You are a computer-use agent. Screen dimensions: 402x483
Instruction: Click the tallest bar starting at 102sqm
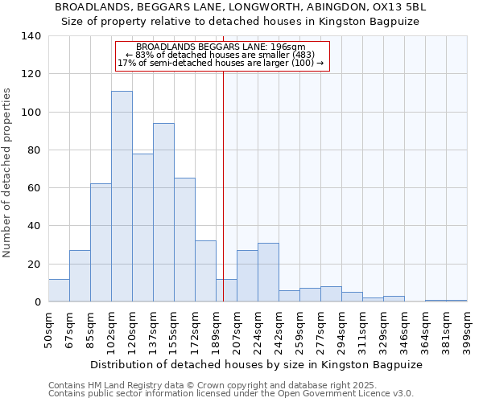122,196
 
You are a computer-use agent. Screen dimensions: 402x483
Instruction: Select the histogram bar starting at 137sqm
163,212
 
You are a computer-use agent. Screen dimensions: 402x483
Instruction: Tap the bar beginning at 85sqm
101,242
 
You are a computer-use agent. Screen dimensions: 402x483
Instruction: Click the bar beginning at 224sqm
268,272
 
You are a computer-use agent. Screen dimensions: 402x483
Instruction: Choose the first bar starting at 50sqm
59,290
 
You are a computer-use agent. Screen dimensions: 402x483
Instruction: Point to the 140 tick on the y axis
32,36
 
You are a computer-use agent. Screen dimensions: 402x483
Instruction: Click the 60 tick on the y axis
35,188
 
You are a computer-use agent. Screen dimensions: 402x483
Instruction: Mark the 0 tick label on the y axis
38,302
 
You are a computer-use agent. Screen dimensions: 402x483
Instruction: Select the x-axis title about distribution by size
256,364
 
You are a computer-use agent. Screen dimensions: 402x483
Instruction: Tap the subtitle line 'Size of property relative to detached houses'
241,21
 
